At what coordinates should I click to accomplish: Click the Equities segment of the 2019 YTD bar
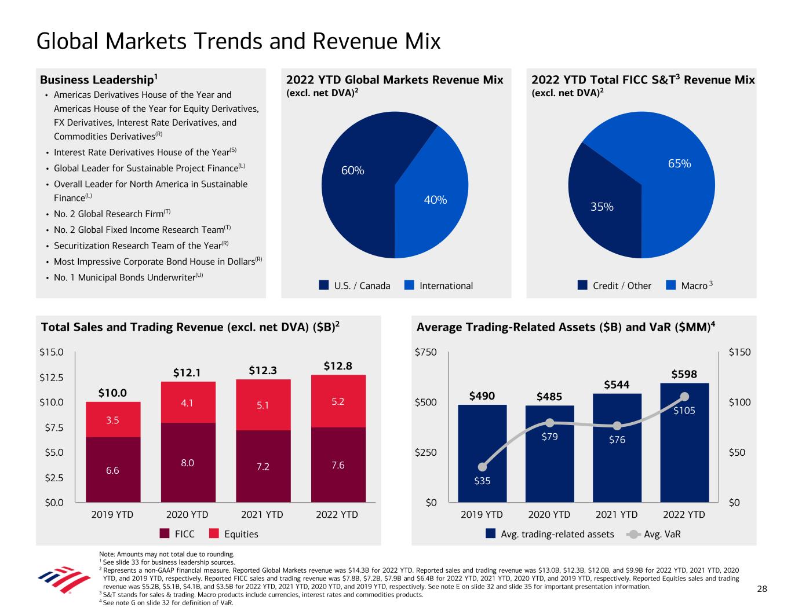(113, 420)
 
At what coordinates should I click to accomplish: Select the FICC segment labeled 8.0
(188, 462)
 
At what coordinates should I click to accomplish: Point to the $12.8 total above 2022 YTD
(338, 366)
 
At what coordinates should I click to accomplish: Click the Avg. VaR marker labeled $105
(684, 397)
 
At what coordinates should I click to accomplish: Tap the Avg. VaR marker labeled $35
(483, 467)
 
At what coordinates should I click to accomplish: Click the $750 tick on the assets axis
(427, 352)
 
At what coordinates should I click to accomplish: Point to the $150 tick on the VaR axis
(739, 352)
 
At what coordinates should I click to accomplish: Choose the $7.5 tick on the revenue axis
(52, 427)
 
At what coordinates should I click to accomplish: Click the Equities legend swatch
(214, 533)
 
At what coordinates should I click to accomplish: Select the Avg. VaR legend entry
(655, 534)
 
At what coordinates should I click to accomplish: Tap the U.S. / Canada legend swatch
(324, 286)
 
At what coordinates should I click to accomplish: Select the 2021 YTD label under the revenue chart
(263, 514)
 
